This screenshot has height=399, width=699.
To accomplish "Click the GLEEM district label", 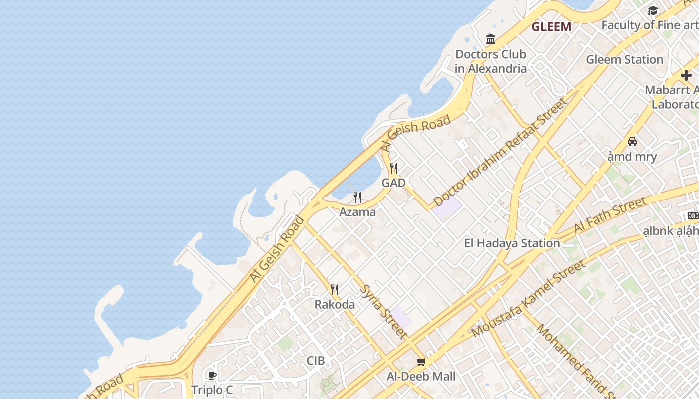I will [x=551, y=27].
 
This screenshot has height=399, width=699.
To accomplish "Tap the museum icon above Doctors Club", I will [x=491, y=39].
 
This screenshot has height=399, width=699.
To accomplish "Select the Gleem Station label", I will [x=624, y=59].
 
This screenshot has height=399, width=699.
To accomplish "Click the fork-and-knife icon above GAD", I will [x=394, y=168].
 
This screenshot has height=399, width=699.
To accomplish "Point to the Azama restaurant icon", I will [x=357, y=198].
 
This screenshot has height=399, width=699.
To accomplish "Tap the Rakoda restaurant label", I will [x=335, y=304].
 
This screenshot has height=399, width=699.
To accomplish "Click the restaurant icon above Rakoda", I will [x=335, y=289].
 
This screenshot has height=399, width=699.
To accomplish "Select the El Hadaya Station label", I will [x=512, y=243].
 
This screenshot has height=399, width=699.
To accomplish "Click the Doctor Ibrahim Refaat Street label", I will [x=500, y=152].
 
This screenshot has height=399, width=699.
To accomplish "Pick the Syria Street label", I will [x=383, y=312].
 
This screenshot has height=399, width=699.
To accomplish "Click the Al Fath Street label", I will [x=610, y=215].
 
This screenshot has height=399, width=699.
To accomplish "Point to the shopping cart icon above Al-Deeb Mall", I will [x=421, y=362].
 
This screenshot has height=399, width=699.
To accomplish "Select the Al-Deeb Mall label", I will [x=421, y=376].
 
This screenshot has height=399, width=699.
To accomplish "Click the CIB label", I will [x=316, y=361].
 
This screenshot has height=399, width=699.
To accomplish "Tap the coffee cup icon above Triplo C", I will [x=212, y=375].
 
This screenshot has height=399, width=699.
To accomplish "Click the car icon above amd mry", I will [x=632, y=142].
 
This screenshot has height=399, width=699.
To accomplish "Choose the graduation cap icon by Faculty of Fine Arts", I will [x=653, y=11].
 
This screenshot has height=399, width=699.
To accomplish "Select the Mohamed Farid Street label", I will [x=574, y=360].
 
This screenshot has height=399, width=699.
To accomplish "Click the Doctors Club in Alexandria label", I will [x=491, y=61].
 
